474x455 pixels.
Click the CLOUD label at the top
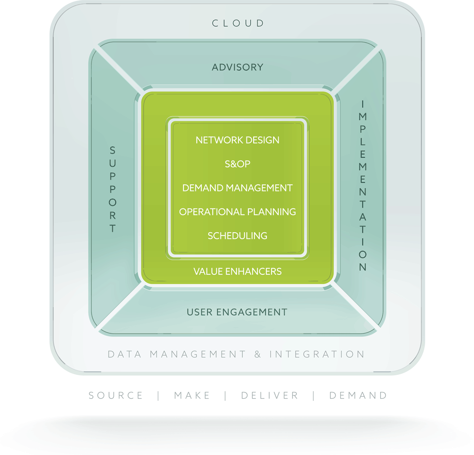tap(237, 23)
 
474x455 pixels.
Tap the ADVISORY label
tap(237, 67)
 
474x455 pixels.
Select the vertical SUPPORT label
tap(113, 190)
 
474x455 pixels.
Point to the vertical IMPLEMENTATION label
tap(363, 185)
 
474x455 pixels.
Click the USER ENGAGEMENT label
tap(237, 312)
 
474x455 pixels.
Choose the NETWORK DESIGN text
tap(237, 140)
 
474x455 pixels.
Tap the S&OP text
tap(237, 164)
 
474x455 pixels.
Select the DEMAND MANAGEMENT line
tap(237, 188)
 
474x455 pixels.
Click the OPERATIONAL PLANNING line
tap(237, 212)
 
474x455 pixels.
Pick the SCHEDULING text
tap(237, 236)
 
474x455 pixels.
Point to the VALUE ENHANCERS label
tap(237, 272)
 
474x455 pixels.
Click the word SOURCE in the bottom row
tap(116, 396)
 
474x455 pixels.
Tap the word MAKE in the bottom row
tap(192, 396)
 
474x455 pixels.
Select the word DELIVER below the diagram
tap(270, 396)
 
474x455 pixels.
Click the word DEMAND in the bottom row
tap(358, 396)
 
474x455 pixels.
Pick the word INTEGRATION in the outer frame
tap(317, 355)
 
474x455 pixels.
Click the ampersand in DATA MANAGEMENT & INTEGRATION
tap(258, 355)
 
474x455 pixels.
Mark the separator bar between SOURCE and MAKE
tap(158, 396)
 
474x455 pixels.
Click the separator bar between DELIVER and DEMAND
tap(314, 396)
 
